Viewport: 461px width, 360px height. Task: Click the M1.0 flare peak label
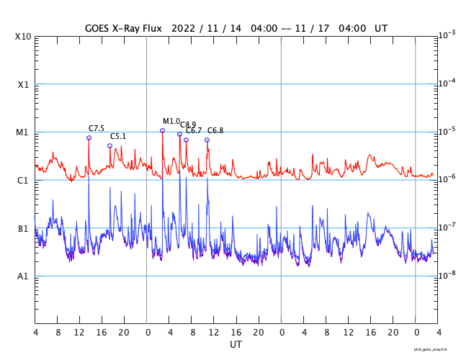point(171,122)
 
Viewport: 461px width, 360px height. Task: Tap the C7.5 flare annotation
point(97,129)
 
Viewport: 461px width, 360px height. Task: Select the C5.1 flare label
point(118,136)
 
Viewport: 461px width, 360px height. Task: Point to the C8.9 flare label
point(188,125)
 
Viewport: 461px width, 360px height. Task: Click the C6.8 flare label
point(215,131)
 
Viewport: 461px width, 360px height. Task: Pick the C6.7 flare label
point(194,131)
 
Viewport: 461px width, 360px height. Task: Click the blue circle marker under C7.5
point(89,138)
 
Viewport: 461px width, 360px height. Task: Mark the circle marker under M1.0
point(162,130)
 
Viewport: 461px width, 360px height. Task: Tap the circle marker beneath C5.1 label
point(109,145)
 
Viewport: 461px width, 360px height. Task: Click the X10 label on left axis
point(23,37)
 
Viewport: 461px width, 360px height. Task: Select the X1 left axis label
point(23,84)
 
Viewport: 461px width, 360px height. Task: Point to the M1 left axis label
point(23,132)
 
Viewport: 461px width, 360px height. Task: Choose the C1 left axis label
point(23,180)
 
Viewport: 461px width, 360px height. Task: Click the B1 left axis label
point(23,228)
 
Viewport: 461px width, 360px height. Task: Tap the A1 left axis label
point(23,276)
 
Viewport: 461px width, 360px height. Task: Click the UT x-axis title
point(236,345)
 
